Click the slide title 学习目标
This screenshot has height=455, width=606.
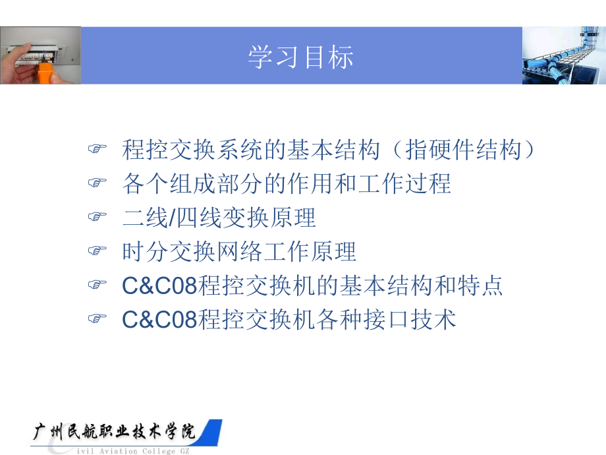[300, 57]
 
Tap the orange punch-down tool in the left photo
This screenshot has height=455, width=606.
[45, 72]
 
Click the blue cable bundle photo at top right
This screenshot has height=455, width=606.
[564, 55]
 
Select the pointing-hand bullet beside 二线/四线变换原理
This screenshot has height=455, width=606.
[97, 216]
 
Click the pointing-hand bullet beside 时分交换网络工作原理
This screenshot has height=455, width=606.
[97, 251]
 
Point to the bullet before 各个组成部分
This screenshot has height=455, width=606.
[97, 182]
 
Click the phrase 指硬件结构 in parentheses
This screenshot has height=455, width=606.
[463, 150]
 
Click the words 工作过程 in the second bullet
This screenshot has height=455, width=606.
[404, 183]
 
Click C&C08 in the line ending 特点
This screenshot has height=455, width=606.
[159, 286]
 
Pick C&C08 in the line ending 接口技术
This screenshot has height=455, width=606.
[159, 320]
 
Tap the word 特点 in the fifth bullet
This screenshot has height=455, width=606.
[480, 286]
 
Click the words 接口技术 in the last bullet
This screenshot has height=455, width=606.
[410, 320]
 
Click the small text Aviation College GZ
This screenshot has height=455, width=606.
[144, 451]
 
